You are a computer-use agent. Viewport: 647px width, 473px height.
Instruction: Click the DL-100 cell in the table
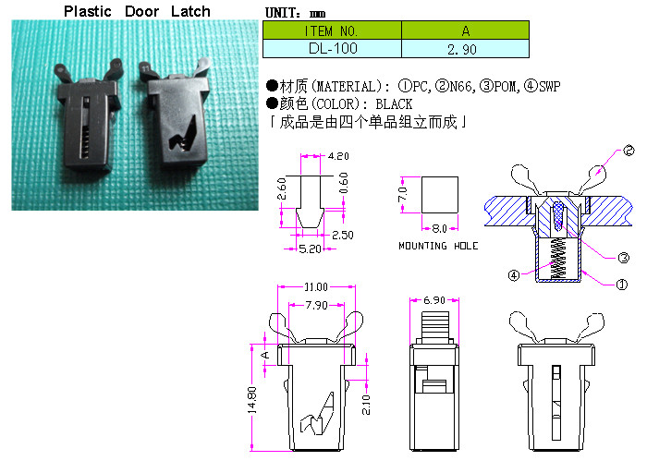point(332,49)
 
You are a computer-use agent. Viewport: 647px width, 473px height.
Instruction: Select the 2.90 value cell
point(465,49)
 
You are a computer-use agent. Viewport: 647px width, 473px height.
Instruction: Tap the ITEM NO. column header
point(332,30)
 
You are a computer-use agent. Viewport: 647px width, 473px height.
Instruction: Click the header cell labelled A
point(465,30)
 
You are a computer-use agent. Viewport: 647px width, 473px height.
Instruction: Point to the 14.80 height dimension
point(252,400)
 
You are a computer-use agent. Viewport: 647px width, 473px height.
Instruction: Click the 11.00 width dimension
point(316,286)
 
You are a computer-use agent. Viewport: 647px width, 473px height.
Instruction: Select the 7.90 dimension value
point(316,305)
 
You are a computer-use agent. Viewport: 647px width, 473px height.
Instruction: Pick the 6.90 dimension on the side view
point(434,300)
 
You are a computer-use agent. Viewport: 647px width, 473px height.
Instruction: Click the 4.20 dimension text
point(338,156)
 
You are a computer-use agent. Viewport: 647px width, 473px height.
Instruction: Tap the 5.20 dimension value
point(310,249)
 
